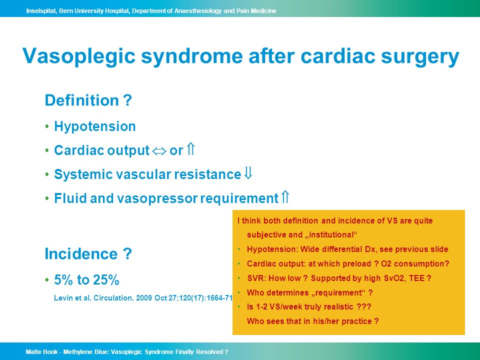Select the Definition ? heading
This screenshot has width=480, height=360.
[88, 100]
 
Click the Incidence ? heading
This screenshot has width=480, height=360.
[88, 254]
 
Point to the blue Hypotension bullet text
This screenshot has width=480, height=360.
[95, 126]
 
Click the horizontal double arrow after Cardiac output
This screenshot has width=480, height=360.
[159, 151]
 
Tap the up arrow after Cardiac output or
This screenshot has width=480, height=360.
[190, 149]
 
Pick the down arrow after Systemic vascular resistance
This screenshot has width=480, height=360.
[248, 173]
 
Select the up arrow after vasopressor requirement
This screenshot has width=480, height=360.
[285, 197]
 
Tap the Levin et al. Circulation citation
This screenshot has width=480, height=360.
[143, 298]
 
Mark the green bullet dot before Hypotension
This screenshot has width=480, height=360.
[47, 126]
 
